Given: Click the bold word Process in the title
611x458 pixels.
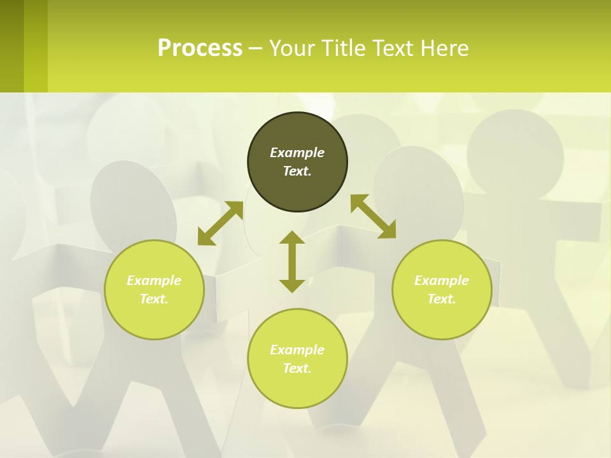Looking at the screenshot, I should point(200,48).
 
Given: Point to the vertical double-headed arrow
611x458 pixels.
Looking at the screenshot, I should point(292,261).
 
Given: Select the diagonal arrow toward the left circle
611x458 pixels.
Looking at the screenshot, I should point(220,223).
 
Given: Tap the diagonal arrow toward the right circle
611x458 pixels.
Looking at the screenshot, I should point(373,216).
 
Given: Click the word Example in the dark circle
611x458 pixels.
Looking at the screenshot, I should point(297,153).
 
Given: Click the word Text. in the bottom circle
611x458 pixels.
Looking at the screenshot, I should point(297,368).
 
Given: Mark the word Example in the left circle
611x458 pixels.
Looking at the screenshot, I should point(154,281).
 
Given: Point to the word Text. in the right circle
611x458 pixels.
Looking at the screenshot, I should point(442,299).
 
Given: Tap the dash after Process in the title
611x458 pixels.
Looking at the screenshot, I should point(255,48).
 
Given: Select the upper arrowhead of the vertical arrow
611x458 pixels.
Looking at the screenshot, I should point(292,237).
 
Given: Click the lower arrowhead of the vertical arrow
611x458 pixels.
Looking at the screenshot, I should point(292,286).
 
